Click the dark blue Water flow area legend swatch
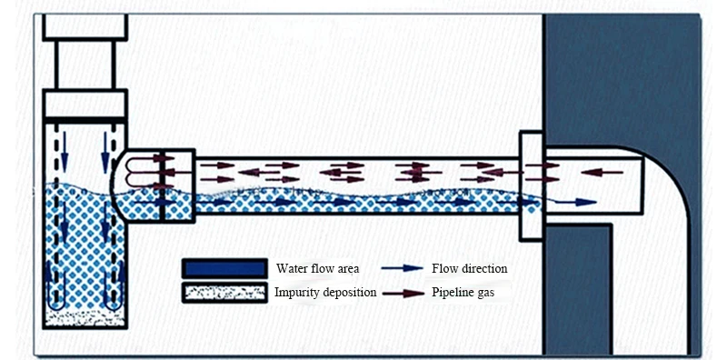click(x=224, y=268)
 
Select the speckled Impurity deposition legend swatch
click(x=224, y=293)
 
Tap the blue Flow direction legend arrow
click(x=402, y=268)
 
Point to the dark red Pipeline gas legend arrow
click(x=403, y=294)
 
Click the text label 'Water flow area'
click(x=317, y=268)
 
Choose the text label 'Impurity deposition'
click(x=325, y=293)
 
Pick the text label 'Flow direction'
click(x=470, y=268)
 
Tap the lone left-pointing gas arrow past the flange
click(x=602, y=173)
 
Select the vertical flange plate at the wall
click(x=532, y=186)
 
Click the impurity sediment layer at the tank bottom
click(x=85, y=318)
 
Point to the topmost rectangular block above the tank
click(x=85, y=27)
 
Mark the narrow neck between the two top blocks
click(x=85, y=65)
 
